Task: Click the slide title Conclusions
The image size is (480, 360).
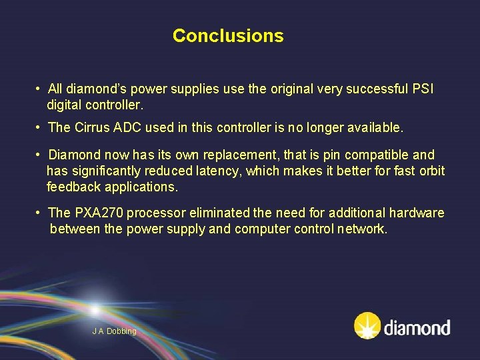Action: [228, 36]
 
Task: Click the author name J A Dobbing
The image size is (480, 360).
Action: [114, 331]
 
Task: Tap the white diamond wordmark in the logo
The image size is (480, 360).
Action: [417, 328]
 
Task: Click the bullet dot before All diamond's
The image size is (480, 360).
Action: [39, 89]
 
